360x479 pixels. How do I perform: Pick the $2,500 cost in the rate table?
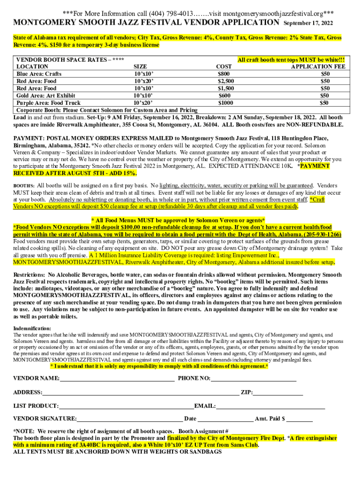[x=226, y=81]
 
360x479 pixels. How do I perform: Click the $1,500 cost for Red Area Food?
[x=226, y=88]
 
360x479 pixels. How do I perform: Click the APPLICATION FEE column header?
[x=318, y=67]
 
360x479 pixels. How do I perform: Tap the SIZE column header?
[x=143, y=67]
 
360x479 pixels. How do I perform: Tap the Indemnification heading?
[x=32, y=328]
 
